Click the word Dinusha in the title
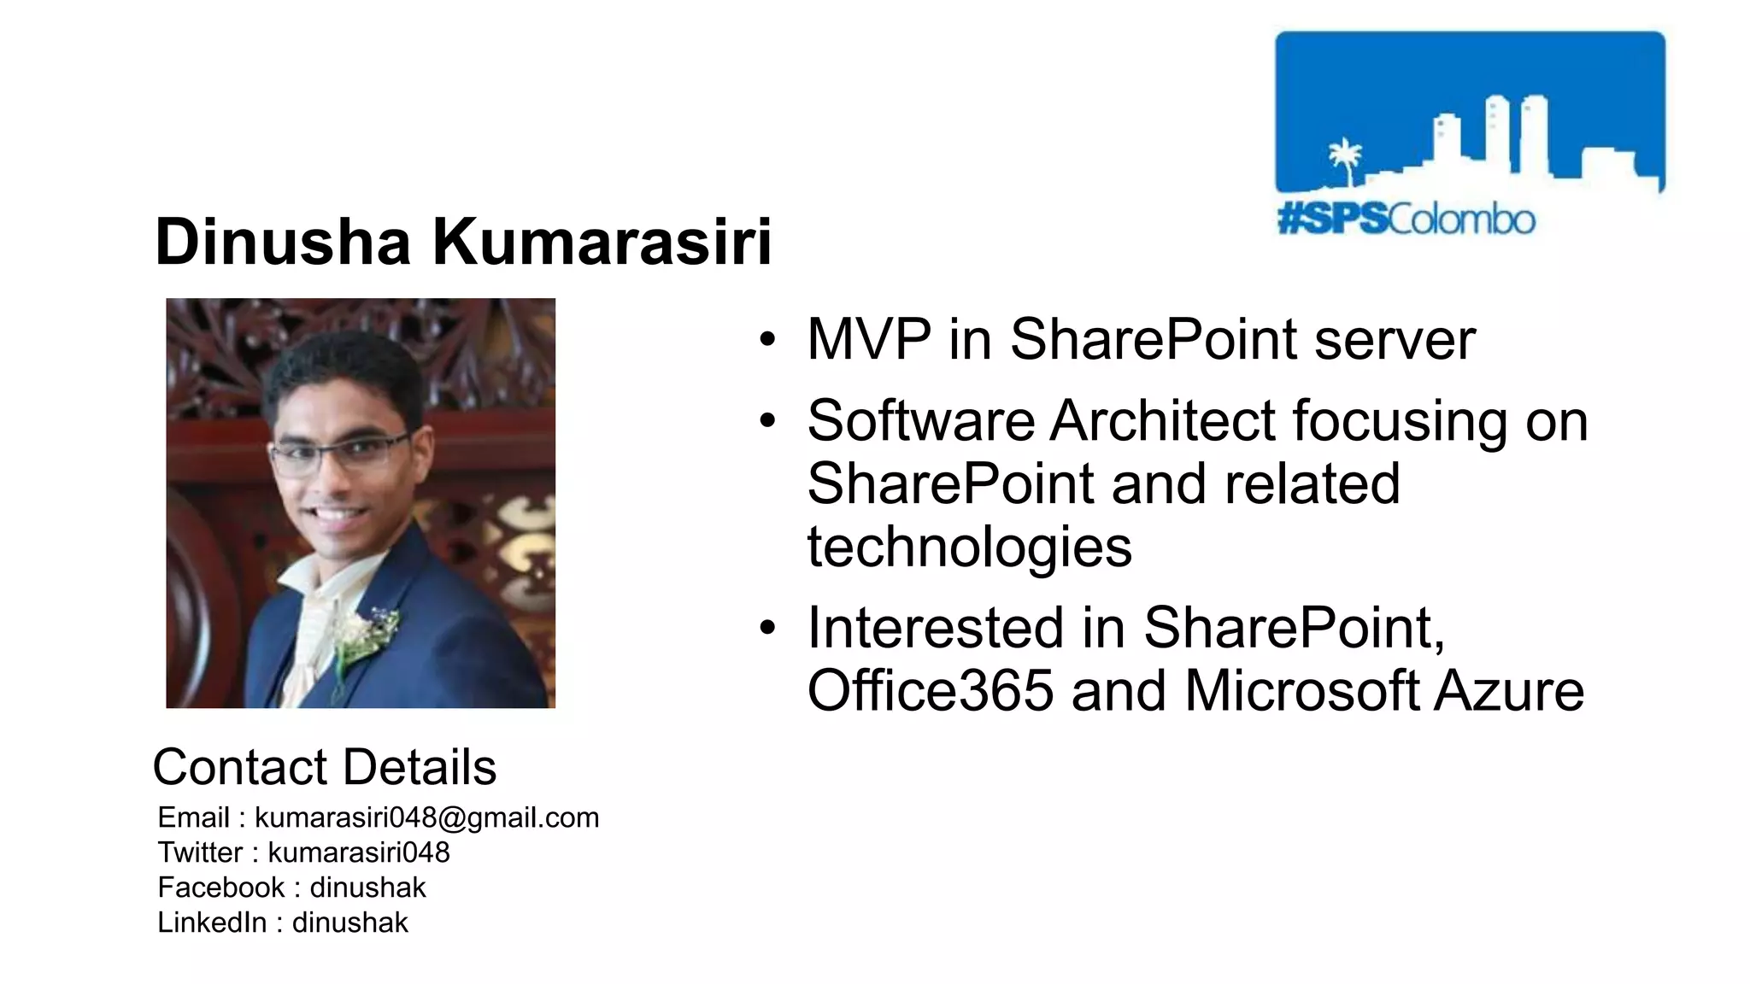283,242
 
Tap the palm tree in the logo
1345,159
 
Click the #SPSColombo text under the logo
1406,220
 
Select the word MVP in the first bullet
868,339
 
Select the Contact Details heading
324,766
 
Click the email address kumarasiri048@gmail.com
426,817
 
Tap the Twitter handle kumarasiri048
358,852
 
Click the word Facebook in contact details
220,887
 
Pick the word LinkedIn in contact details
211,922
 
